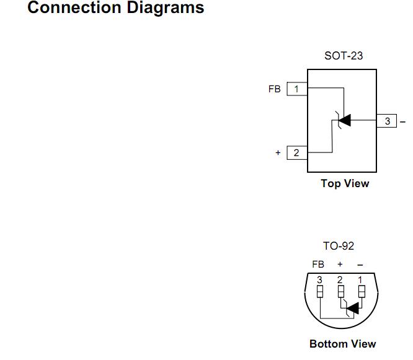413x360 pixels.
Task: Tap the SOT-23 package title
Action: point(344,56)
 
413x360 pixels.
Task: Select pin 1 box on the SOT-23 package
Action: point(296,89)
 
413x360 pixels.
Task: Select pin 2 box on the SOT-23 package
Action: point(296,152)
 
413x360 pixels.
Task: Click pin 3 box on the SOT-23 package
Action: point(388,121)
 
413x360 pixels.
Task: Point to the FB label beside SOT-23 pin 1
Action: point(275,89)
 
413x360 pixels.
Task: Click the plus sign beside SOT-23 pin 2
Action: point(278,152)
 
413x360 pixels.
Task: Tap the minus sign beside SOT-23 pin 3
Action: point(402,121)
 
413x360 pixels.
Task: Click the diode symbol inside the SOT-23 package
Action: point(343,120)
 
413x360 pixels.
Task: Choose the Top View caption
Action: point(345,183)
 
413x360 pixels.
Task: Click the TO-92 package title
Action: point(339,246)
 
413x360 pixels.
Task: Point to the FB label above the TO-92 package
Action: point(318,264)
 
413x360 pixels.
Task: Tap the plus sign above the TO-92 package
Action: point(340,264)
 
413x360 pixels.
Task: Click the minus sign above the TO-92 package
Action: point(360,265)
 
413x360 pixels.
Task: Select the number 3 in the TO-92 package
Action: point(320,280)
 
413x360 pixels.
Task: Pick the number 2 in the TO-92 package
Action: point(340,280)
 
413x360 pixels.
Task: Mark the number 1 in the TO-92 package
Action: point(360,280)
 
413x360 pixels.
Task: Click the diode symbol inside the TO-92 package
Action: point(352,308)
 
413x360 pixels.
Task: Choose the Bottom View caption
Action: point(342,344)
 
